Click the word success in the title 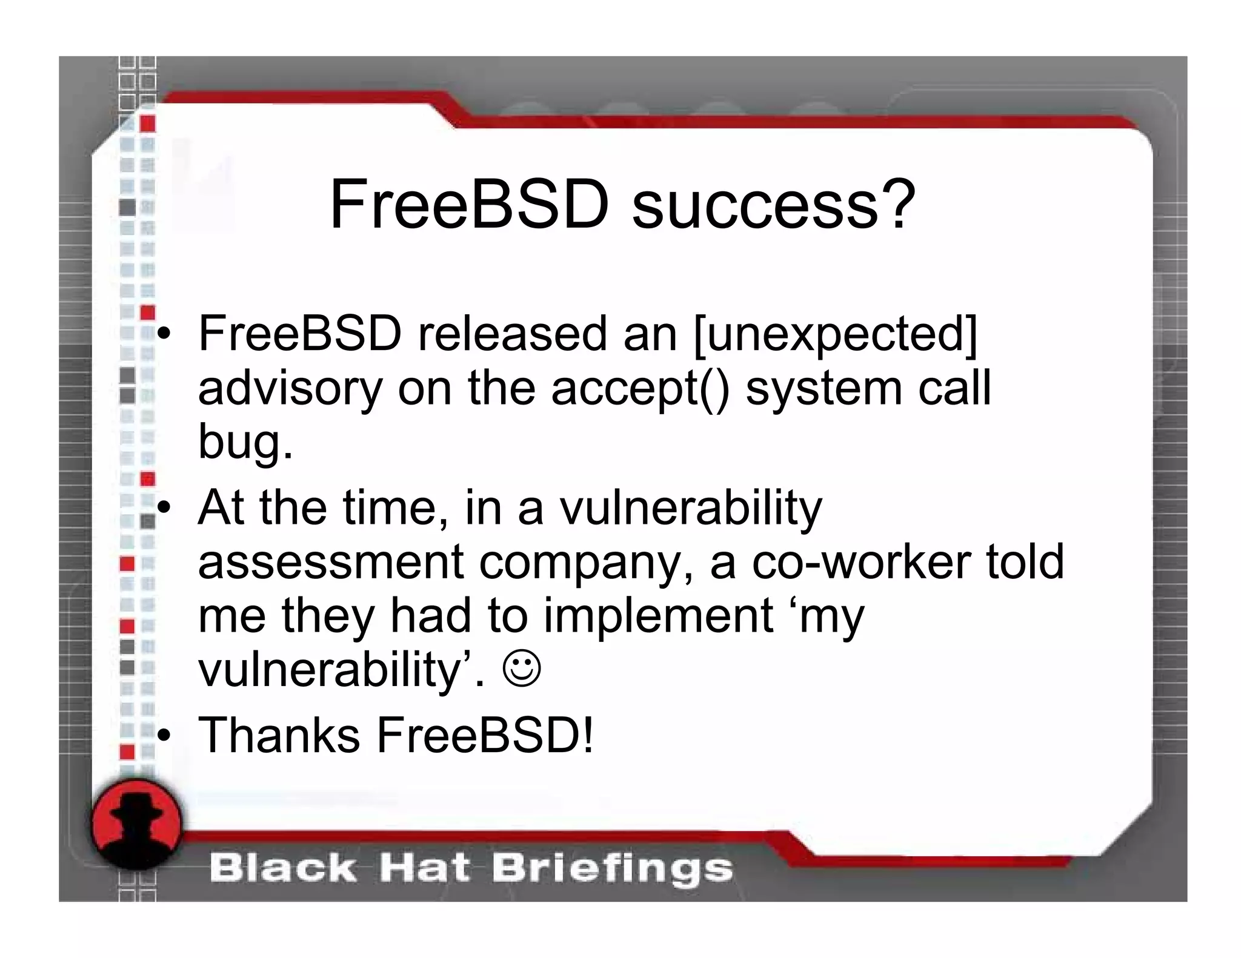click(754, 205)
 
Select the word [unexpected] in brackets click(836, 334)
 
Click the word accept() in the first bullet click(640, 389)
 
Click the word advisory click(290, 389)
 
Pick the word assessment click(331, 562)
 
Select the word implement click(658, 616)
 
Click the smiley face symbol click(521, 669)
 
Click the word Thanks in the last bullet click(279, 735)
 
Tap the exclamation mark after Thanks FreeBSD click(587, 735)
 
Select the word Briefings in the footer click(612, 868)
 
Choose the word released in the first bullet click(512, 334)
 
